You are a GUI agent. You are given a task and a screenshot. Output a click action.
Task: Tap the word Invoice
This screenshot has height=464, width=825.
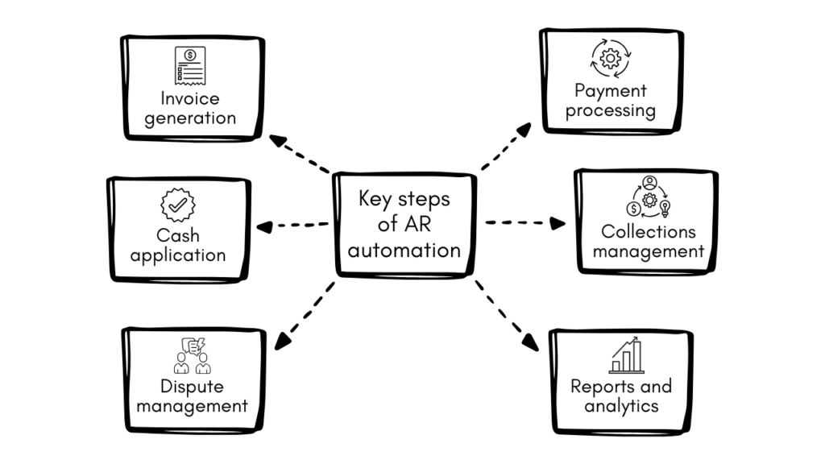pyautogui.click(x=190, y=99)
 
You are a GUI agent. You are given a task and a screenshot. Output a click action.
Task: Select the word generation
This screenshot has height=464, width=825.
pyautogui.click(x=190, y=118)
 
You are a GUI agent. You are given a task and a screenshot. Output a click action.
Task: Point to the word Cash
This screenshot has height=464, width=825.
pyautogui.click(x=178, y=236)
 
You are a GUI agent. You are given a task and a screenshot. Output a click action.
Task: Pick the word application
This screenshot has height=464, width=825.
pyautogui.click(x=178, y=256)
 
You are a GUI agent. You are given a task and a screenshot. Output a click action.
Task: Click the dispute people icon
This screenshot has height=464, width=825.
pyautogui.click(x=191, y=355)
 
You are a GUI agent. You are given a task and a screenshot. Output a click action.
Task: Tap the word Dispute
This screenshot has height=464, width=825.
pyautogui.click(x=192, y=387)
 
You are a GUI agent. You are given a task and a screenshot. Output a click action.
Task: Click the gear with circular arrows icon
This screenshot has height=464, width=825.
pyautogui.click(x=610, y=59)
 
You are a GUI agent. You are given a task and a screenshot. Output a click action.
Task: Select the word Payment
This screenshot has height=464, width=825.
pyautogui.click(x=610, y=90)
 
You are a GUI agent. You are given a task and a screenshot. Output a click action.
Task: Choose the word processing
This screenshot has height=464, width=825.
pyautogui.click(x=610, y=110)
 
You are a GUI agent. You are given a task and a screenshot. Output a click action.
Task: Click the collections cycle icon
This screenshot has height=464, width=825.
pyautogui.click(x=649, y=197)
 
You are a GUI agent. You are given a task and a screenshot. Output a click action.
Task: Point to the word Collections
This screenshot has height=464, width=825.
pyautogui.click(x=649, y=231)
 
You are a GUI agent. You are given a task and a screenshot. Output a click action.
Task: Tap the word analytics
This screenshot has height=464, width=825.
pyautogui.click(x=621, y=406)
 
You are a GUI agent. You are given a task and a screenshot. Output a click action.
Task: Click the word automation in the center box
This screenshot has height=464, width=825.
pyautogui.click(x=404, y=250)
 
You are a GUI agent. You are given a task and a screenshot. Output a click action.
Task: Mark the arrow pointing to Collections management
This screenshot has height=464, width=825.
pyautogui.click(x=525, y=222)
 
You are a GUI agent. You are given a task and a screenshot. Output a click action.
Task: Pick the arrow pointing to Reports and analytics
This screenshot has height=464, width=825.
pyautogui.click(x=507, y=316)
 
